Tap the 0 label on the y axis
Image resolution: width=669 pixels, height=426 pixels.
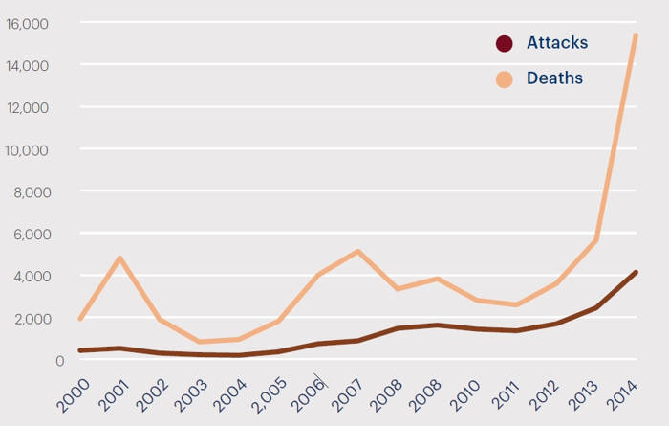tap(58, 361)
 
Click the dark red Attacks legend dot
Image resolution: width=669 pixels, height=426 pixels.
tap(504, 43)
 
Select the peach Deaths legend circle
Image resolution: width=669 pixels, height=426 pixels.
tap(504, 78)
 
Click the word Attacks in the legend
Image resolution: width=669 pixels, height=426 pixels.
tap(557, 43)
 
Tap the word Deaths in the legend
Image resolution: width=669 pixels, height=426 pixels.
tap(554, 78)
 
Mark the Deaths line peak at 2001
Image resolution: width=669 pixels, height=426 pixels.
tap(119, 258)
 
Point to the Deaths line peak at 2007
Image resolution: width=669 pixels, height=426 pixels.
tap(357, 252)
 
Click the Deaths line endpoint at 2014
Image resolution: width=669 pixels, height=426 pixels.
tap(636, 36)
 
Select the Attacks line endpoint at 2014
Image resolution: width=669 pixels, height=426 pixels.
tap(636, 273)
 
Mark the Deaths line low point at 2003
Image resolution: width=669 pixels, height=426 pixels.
tap(199, 342)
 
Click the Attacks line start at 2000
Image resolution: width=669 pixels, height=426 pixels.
tap(80, 350)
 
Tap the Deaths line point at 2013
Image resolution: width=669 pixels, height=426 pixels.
tap(595, 239)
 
